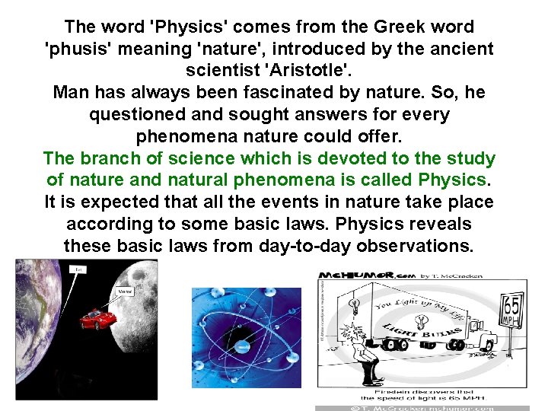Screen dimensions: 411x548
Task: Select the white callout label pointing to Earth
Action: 78,269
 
